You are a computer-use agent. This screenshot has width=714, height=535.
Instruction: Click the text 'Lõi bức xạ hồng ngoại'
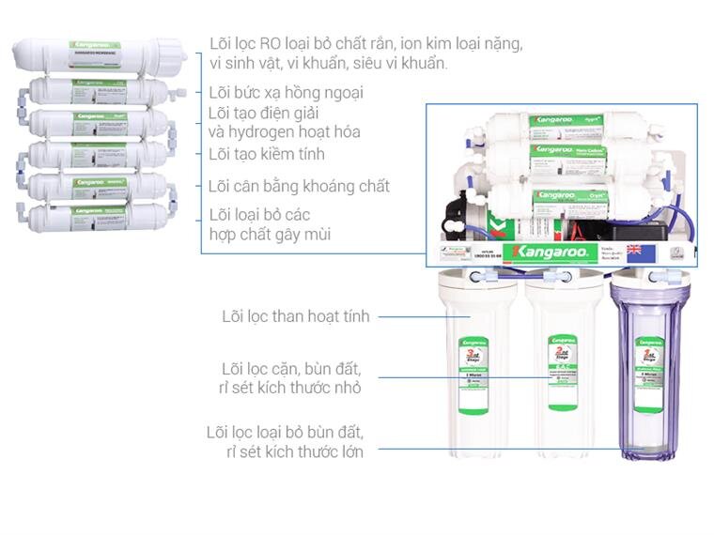pyautogui.click(x=286, y=92)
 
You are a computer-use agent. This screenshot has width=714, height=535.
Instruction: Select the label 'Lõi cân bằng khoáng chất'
pyautogui.click(x=299, y=186)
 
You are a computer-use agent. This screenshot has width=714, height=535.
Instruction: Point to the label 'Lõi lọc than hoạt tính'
pyautogui.click(x=295, y=316)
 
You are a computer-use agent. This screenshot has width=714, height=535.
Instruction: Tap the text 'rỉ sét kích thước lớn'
pyautogui.click(x=294, y=451)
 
